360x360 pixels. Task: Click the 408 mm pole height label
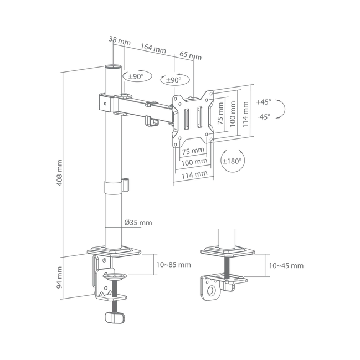pyautogui.click(x=59, y=173)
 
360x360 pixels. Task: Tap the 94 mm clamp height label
pyautogui.click(x=59, y=277)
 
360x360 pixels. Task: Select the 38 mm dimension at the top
pyautogui.click(x=120, y=40)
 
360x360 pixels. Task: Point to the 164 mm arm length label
pyautogui.click(x=153, y=48)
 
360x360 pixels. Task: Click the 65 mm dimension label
pyautogui.click(x=191, y=55)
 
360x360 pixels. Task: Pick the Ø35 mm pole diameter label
pyautogui.click(x=138, y=223)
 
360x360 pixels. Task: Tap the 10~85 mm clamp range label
pyautogui.click(x=173, y=265)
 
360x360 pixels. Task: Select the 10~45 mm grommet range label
pyautogui.click(x=286, y=266)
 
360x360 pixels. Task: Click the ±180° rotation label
pyautogui.click(x=232, y=161)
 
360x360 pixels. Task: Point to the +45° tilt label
pyautogui.click(x=264, y=102)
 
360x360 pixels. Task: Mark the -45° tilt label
pyautogui.click(x=264, y=117)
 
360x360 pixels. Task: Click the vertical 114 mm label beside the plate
pyautogui.click(x=245, y=114)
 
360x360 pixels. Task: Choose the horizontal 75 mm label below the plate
pyautogui.click(x=193, y=151)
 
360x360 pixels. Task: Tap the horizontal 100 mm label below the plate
pyautogui.click(x=194, y=162)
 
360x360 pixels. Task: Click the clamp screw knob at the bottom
pyautogui.click(x=115, y=317)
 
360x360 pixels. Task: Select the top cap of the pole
pyautogui.click(x=113, y=67)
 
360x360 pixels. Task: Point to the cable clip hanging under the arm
pyautogui.click(x=152, y=121)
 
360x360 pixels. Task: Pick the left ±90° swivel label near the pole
pyautogui.click(x=136, y=76)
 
